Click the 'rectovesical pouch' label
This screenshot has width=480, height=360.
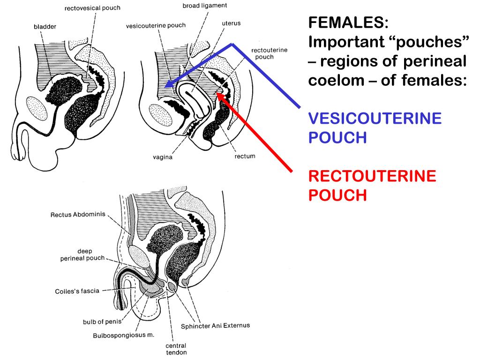(x=92, y=8)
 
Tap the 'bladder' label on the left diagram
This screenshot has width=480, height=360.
(x=45, y=27)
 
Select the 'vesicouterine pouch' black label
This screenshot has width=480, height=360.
(x=156, y=25)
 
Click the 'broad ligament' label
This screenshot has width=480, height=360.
(x=204, y=6)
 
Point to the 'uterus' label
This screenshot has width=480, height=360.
(x=231, y=23)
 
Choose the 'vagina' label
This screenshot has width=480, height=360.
(x=162, y=157)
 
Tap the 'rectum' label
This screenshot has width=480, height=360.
(x=245, y=156)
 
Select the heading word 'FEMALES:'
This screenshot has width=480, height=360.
(x=348, y=22)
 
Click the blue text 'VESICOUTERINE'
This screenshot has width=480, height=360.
(x=375, y=118)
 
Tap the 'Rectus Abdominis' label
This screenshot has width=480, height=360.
(x=77, y=215)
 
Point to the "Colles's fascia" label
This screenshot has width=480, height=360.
(x=77, y=291)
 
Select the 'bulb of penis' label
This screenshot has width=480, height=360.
(x=102, y=322)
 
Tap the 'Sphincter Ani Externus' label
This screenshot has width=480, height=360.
(x=216, y=325)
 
